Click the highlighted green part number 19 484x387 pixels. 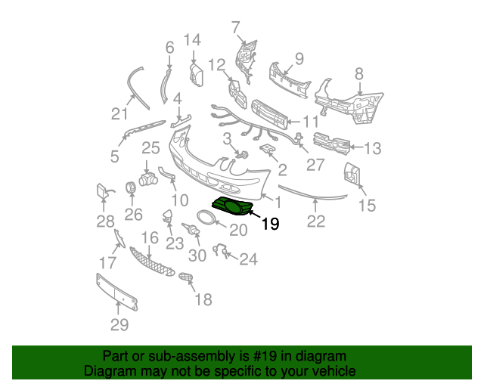pyautogui.click(x=232, y=206)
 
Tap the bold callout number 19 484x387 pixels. pyautogui.click(x=271, y=224)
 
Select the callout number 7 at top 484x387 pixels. pyautogui.click(x=235, y=27)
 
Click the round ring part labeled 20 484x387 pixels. pyautogui.click(x=206, y=217)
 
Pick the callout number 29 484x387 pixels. pyautogui.click(x=119, y=324)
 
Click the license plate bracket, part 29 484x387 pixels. pyautogui.click(x=117, y=292)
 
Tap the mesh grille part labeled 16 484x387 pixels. pyautogui.click(x=151, y=262)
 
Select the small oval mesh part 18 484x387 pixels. pyautogui.click(x=187, y=277)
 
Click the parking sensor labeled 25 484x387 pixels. pyautogui.click(x=148, y=179)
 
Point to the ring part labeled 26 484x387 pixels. pyautogui.click(x=131, y=187)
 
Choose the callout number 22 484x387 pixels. pyautogui.click(x=316, y=221)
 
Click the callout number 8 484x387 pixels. pyautogui.click(x=359, y=74)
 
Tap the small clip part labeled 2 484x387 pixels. pyautogui.click(x=267, y=149)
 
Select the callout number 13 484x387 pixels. pyautogui.click(x=373, y=148)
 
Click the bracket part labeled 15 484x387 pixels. pyautogui.click(x=352, y=174)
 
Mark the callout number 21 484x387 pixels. pyautogui.click(x=119, y=114)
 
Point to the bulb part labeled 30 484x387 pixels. pyautogui.click(x=191, y=229)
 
